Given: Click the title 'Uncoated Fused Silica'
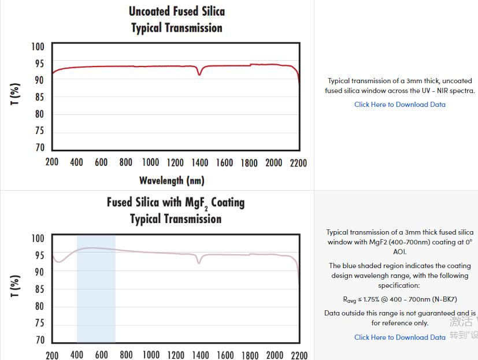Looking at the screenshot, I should (x=176, y=12).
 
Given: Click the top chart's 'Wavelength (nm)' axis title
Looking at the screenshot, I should (x=172, y=180).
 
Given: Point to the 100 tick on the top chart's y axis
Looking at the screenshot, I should (x=38, y=47).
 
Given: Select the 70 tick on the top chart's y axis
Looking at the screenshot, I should (x=39, y=148).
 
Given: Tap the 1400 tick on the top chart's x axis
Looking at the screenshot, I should (x=200, y=162).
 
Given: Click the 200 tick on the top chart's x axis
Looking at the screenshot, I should (x=52, y=162).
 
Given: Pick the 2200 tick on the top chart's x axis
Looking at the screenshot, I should (x=298, y=162).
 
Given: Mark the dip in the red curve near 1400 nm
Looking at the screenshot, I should (x=199, y=74).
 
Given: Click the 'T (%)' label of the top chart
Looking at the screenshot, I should (x=16, y=95).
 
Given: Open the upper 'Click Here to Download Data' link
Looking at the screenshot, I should (x=400, y=105).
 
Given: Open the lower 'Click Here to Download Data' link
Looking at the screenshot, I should (x=400, y=337).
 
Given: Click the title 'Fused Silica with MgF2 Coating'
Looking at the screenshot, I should (x=175, y=203).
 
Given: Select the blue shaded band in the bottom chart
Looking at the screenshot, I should (x=96, y=289).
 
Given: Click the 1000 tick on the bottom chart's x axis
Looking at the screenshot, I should (x=151, y=354).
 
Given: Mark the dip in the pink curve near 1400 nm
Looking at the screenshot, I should (x=199, y=263).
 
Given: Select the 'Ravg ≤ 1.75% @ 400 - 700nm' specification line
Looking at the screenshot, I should (x=400, y=299).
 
